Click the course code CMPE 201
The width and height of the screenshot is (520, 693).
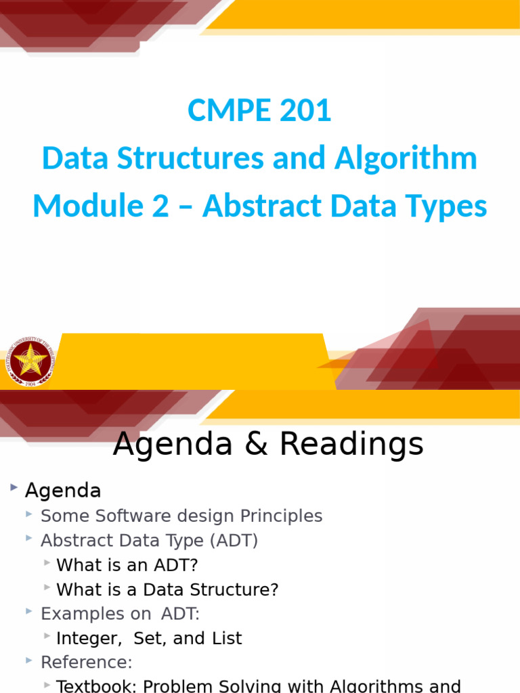click(259, 111)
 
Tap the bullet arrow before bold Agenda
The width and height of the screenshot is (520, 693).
click(13, 488)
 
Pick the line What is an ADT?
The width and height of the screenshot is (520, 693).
click(127, 564)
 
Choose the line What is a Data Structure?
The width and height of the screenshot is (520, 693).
click(167, 589)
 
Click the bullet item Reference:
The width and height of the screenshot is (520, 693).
click(86, 662)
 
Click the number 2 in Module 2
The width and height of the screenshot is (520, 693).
click(160, 206)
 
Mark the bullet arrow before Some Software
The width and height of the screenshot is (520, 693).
click(29, 515)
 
